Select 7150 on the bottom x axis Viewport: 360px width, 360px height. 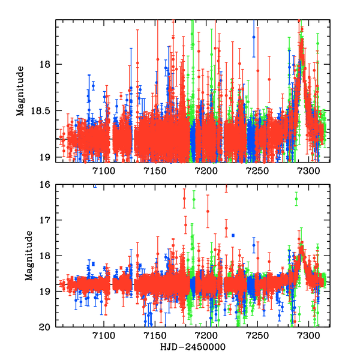pyautogui.click(x=155, y=337)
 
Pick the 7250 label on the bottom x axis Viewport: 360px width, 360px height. pyautogui.click(x=259, y=337)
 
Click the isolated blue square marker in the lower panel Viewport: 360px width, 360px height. pyautogui.click(x=233, y=235)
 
